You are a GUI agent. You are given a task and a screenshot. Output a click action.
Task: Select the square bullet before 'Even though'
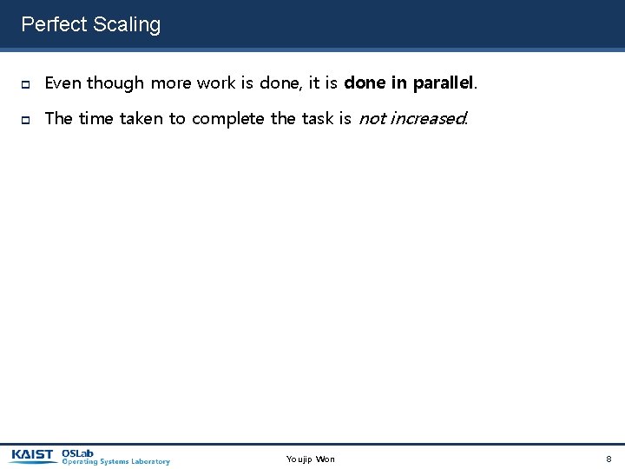click(26, 84)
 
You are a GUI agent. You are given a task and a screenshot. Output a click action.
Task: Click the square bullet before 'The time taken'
click(26, 119)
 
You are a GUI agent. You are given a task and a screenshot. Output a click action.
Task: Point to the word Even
click(62, 83)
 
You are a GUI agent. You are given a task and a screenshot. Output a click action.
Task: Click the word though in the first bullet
click(115, 83)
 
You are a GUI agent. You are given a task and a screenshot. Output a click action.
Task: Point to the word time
click(96, 118)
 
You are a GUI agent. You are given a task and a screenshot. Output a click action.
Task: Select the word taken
click(141, 118)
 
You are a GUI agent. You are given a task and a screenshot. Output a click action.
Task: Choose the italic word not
click(372, 118)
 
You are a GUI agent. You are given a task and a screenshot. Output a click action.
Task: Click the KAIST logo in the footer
click(33, 455)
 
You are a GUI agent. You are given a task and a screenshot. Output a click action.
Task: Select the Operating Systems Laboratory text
click(115, 461)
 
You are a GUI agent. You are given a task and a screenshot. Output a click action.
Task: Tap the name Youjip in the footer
click(299, 459)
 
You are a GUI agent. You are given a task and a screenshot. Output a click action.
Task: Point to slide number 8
click(609, 459)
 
